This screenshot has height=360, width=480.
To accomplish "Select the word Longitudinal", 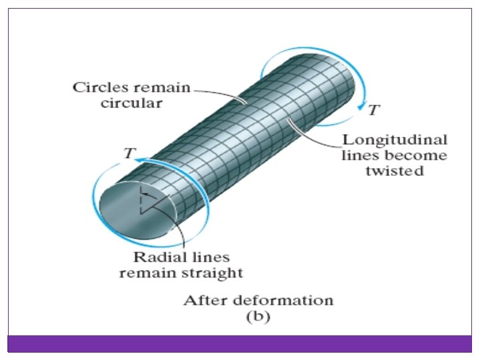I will coord(395,140).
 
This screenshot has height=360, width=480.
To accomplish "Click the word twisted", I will coord(398,171).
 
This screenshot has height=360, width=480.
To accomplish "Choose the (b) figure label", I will coord(258,317).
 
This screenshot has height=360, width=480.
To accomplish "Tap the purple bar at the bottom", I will coord(240,343).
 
